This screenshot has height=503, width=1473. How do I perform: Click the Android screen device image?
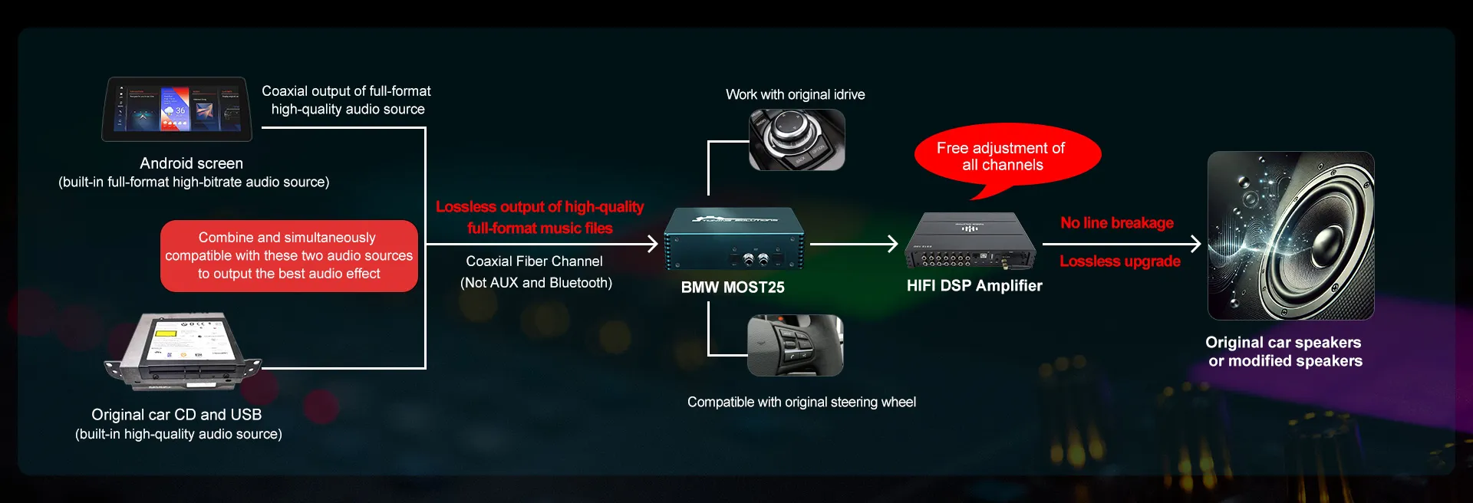click(x=176, y=109)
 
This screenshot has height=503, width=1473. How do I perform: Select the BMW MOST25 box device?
click(x=733, y=239)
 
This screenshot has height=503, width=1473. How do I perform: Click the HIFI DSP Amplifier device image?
click(x=970, y=241)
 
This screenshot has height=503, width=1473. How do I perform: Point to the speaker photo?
click(x=1290, y=235)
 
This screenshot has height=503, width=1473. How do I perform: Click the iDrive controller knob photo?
click(x=796, y=140)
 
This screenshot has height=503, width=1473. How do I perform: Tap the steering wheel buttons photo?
click(x=796, y=345)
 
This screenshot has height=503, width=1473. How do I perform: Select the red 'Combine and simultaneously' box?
click(x=289, y=256)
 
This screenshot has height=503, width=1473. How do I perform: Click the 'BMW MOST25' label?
click(x=733, y=288)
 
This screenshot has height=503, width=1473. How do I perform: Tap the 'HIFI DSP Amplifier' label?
click(x=974, y=286)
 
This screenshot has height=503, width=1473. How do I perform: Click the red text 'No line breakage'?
click(x=1117, y=223)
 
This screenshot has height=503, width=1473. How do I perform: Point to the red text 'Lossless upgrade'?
click(x=1120, y=261)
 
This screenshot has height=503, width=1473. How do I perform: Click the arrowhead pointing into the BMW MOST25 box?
click(x=653, y=244)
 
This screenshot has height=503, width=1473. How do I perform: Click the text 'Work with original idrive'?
click(x=796, y=94)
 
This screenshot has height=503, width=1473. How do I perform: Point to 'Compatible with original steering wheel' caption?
click(x=802, y=402)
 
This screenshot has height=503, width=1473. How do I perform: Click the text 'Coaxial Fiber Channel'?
click(x=535, y=261)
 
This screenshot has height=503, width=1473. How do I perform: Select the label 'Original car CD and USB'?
click(x=176, y=415)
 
